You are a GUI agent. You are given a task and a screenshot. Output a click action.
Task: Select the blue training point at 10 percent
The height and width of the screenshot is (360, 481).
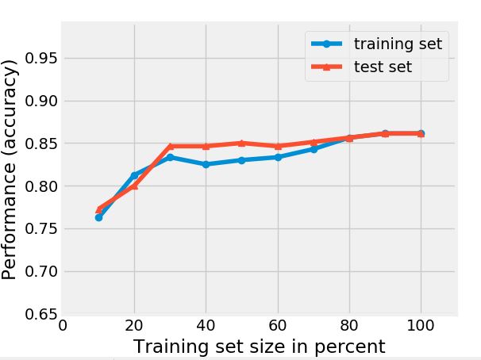click(98, 217)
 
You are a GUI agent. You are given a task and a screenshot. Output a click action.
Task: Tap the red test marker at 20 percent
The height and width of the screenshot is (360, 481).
click(134, 186)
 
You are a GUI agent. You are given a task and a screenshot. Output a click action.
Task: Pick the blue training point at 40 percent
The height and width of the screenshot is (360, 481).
click(206, 164)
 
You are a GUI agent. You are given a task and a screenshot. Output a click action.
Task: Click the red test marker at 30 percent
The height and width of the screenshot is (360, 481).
click(170, 146)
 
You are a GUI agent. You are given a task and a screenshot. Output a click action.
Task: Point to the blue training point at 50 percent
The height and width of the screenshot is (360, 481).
click(241, 160)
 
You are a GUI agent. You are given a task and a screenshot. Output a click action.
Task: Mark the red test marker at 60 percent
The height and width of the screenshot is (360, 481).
click(277, 146)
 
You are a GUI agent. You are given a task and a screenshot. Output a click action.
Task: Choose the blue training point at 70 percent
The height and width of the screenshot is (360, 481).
click(314, 149)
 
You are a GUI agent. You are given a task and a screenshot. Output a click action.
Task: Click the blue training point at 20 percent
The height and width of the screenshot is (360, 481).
click(134, 175)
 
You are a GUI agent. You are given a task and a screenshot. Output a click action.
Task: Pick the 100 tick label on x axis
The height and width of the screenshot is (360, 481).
click(421, 325)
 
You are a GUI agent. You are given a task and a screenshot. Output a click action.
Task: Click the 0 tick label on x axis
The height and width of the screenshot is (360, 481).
click(63, 325)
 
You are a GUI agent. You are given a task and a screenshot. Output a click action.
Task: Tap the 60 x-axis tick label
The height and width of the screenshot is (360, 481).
click(277, 325)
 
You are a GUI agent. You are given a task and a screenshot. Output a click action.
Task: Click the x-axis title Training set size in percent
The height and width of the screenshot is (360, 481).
click(259, 347)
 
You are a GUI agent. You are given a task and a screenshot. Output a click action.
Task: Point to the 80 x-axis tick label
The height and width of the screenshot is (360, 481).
click(349, 325)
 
